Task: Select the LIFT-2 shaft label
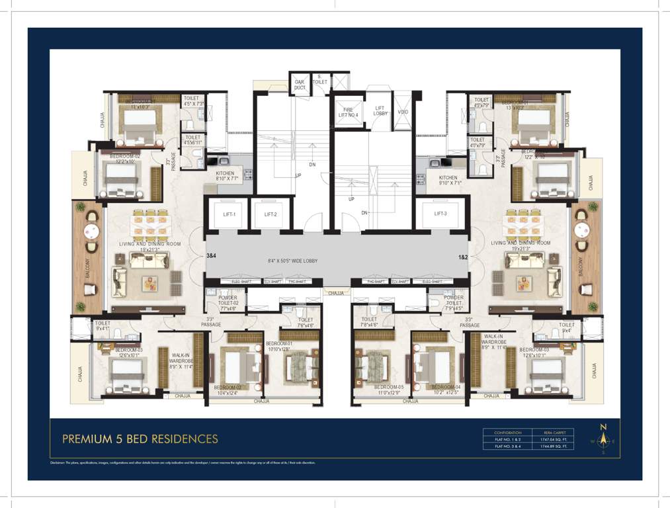point(271,214)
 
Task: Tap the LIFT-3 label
point(442,214)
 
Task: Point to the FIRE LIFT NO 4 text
point(349,112)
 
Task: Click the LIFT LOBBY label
point(380,111)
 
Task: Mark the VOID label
point(403,111)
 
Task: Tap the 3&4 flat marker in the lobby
point(212,255)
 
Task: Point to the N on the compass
point(603,427)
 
